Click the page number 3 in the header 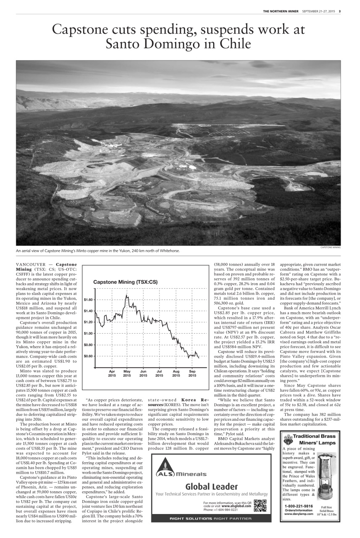click(340, 11)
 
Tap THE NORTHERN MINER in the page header click(281, 11)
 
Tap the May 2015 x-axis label click(127, 373)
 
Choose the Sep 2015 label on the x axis click(192, 373)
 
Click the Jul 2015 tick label click(159, 373)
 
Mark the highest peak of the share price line click(126, 296)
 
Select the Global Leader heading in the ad click(212, 486)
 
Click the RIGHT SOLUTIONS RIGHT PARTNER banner click(212, 518)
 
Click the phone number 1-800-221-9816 click(299, 506)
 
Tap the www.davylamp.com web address click(299, 514)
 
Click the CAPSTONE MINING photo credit click(331, 248)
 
